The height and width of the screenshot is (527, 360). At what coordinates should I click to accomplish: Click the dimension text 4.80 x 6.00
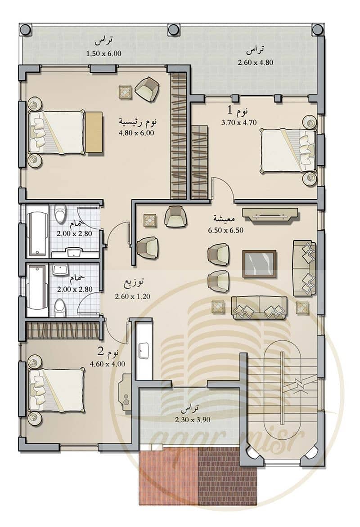point(136,133)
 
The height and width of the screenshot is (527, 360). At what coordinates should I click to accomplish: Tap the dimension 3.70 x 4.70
point(238,123)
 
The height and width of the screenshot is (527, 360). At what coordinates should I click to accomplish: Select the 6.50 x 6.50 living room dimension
point(225,230)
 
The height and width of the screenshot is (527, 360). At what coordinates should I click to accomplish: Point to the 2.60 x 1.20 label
point(132,296)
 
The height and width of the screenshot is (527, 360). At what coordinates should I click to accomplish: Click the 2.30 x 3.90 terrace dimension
point(193,420)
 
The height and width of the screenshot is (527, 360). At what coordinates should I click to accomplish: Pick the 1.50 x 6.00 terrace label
point(103,53)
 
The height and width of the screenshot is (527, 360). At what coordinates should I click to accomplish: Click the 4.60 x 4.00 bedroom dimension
point(108,364)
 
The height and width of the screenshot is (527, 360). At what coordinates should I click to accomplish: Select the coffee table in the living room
point(259,264)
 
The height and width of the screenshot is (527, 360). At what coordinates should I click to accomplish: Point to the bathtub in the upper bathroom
point(37,233)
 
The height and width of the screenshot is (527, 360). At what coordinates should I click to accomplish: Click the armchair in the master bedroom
point(147,89)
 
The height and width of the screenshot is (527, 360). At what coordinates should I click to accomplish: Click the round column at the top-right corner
point(317,30)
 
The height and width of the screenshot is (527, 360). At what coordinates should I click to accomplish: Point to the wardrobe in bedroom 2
point(62,330)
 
